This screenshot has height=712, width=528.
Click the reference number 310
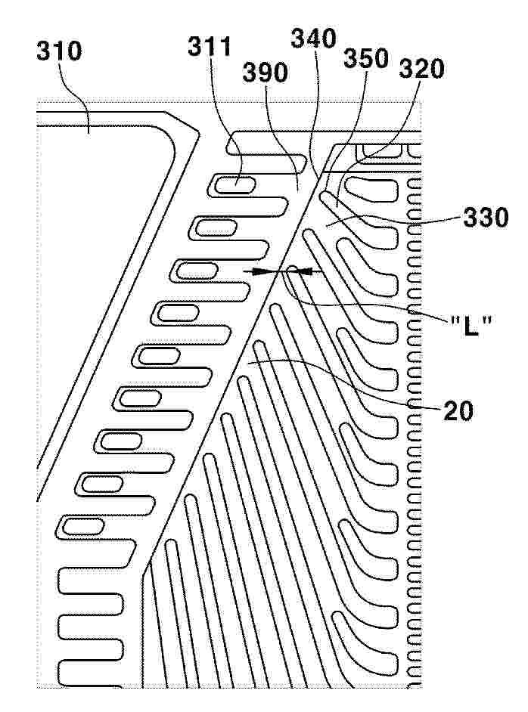[x=59, y=51]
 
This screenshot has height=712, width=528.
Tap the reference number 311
[x=210, y=46]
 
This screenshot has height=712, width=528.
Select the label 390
[x=265, y=73]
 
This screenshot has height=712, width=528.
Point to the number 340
[x=313, y=39]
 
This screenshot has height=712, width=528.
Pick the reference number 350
[x=366, y=58]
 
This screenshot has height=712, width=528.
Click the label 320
[x=421, y=69]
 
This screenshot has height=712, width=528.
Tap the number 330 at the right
[x=486, y=218]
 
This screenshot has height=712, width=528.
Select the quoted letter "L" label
[x=471, y=326]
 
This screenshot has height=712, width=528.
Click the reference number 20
[x=458, y=411]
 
